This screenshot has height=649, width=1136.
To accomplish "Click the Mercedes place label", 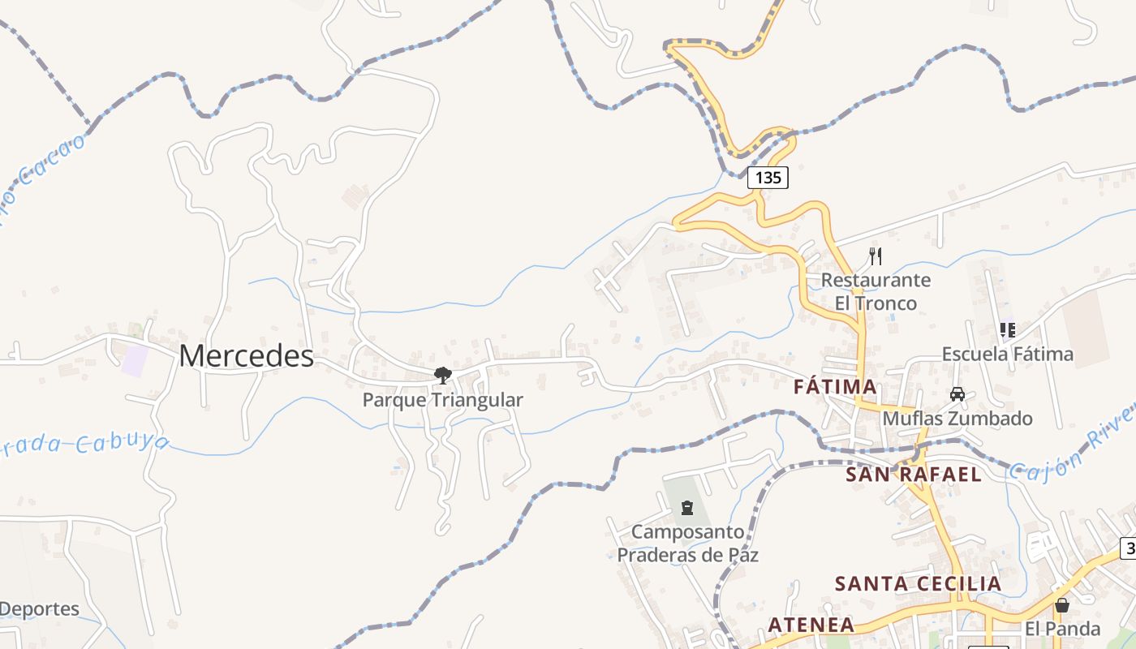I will click(x=247, y=355).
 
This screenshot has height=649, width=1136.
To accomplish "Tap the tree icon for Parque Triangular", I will click(x=442, y=375).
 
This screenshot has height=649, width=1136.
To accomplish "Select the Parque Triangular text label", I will click(x=442, y=400).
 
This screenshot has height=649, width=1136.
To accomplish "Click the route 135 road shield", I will click(x=768, y=177).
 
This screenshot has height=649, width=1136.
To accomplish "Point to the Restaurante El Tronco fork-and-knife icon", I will click(x=876, y=256).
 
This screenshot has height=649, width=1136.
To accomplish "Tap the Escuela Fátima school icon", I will click(x=1008, y=330).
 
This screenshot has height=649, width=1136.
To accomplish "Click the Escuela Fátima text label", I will click(x=1008, y=355).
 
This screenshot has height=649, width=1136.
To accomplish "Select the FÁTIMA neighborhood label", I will click(x=835, y=387).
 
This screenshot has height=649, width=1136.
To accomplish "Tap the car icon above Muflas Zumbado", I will click(x=957, y=394).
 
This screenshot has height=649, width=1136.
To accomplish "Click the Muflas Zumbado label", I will click(x=957, y=419).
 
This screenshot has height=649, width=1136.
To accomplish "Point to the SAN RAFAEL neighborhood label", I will click(x=914, y=474).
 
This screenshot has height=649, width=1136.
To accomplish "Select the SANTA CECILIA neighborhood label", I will click(x=919, y=583).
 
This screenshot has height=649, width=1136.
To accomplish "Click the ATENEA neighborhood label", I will click(x=811, y=625).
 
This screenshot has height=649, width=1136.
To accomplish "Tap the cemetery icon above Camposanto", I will click(x=688, y=509).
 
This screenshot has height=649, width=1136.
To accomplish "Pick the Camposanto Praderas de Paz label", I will click(x=688, y=544).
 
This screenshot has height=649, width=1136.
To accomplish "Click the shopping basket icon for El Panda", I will click(x=1062, y=605).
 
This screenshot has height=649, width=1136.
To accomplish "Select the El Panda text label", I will click(x=1062, y=629).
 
